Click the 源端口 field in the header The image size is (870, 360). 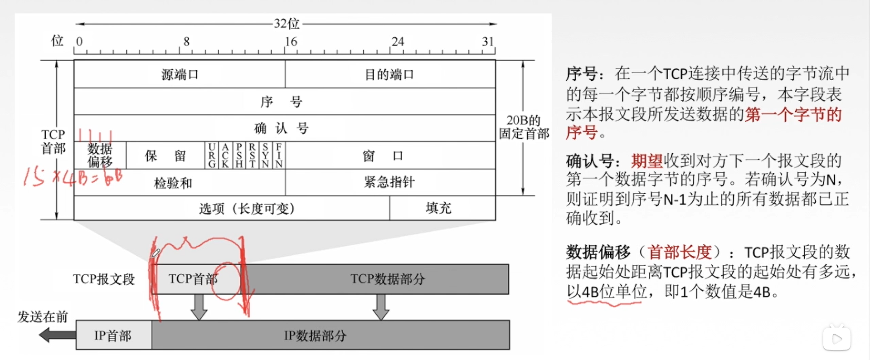180,74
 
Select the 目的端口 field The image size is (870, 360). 390,74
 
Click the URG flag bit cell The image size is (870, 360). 211,156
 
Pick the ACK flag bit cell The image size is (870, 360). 225,156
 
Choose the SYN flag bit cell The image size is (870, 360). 265,156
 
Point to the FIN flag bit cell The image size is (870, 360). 279,156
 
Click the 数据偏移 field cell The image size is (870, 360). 100,156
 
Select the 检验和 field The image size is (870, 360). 173,183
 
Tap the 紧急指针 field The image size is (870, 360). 390,182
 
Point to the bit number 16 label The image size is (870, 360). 291,42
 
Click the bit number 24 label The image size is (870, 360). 398,42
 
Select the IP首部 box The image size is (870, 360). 113,336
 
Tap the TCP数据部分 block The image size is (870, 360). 388,279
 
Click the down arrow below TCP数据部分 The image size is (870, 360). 381,307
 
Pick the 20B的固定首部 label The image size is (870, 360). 524,127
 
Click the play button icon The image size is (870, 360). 837,339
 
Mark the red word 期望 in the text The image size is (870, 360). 647,161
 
